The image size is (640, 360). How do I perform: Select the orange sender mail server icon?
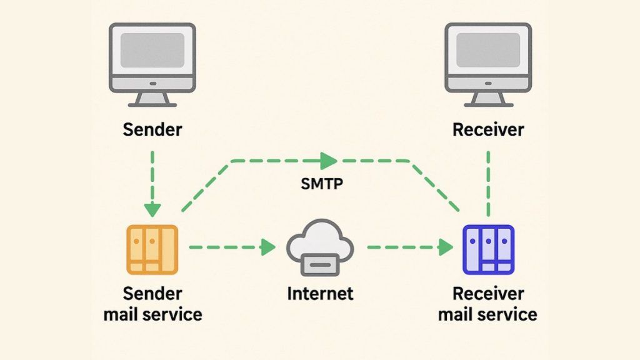click(152, 249)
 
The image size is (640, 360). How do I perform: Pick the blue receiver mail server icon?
click(488, 249)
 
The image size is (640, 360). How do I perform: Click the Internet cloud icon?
click(321, 241)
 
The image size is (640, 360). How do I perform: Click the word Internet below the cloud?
click(320, 292)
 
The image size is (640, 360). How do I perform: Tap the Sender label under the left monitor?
click(152, 129)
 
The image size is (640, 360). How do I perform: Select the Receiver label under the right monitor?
click(488, 129)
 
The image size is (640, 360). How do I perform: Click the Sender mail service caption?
click(152, 303)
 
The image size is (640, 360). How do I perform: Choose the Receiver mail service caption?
click(488, 303)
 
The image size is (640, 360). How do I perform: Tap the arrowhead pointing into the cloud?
click(268, 247)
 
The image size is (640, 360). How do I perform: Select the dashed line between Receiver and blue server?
click(488, 181)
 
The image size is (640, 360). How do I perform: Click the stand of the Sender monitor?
click(152, 99)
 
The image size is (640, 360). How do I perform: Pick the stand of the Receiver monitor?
click(487, 99)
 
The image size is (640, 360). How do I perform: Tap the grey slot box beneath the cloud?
click(321, 265)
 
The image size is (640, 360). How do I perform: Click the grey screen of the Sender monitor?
click(152, 50)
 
